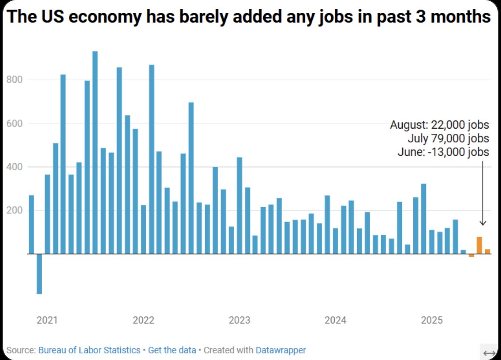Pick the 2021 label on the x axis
pos(47,320)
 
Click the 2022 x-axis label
pos(143,320)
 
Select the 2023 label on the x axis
pos(240,320)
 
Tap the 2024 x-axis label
pos(336,320)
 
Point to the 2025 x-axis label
pos(432,320)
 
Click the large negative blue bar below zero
pos(39,274)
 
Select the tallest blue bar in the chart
pos(95,152)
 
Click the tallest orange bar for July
pos(479,245)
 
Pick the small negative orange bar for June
pos(471,256)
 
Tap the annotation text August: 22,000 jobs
pos(439,125)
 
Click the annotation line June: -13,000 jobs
pos(443,152)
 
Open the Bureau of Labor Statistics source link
pos(89,350)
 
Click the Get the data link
pos(172,350)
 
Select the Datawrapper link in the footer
pos(281,350)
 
